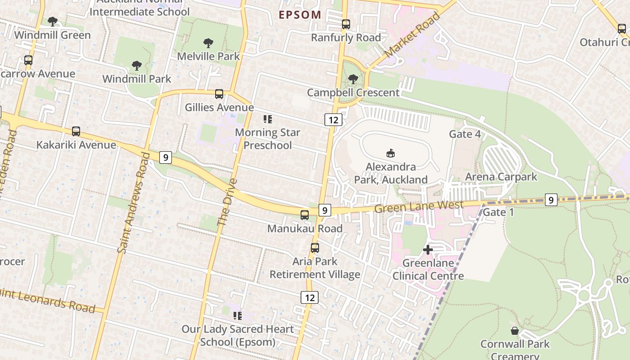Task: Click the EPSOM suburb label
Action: coord(300,15)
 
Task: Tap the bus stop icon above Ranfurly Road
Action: coord(346,24)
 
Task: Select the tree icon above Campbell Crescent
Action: coord(353,79)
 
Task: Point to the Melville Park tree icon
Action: coord(208,43)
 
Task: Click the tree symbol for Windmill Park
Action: coord(137,66)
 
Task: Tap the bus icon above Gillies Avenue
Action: coord(219,94)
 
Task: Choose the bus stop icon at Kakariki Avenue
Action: coord(76,131)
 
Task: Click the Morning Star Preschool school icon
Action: coord(268,119)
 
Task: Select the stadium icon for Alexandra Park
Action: coord(390,153)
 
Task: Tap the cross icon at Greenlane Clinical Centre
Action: coord(428,249)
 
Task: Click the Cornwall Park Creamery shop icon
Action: coord(515,331)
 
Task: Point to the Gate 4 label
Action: coord(465,134)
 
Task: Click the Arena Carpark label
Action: coord(501,177)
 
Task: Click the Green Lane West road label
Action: coord(419,207)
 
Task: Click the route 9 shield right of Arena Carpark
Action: coord(551,199)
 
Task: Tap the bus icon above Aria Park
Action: coord(315,248)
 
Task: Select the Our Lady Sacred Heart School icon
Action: coord(237,316)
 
